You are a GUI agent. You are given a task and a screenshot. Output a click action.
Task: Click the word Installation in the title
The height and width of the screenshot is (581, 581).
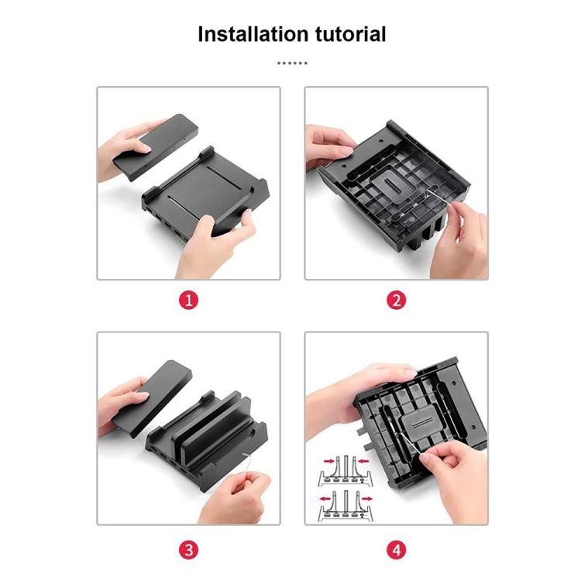[253, 34]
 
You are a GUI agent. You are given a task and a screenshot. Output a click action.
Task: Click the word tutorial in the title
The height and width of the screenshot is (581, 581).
[351, 34]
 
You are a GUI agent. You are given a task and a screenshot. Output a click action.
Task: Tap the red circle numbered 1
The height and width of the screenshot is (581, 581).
[188, 300]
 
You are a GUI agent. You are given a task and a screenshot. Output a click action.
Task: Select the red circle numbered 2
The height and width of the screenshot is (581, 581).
[396, 300]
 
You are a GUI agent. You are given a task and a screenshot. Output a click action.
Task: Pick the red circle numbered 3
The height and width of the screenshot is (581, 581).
[188, 550]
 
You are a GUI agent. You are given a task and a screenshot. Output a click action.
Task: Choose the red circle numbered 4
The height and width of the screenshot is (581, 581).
[396, 550]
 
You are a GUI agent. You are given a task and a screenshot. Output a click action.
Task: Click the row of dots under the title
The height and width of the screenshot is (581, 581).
[292, 63]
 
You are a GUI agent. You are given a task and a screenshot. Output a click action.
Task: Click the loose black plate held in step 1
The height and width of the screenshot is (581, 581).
[156, 146]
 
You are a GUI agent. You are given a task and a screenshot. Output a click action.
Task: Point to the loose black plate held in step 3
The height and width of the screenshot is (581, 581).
[153, 398]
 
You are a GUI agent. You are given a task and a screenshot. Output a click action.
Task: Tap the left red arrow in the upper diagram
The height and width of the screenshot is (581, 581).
[329, 462]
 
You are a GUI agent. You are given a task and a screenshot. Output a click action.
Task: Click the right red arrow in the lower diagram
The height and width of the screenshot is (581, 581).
[367, 498]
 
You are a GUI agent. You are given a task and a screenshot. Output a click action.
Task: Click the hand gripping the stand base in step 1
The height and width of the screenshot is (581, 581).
[215, 245]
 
